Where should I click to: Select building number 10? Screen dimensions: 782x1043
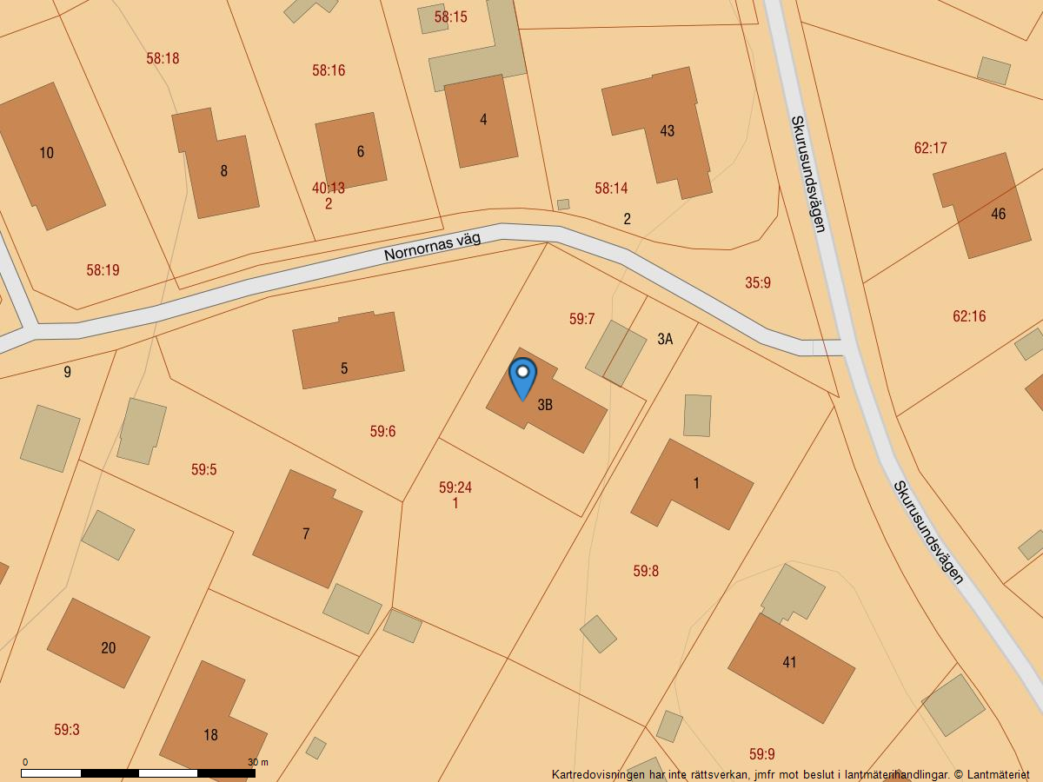tap(50, 156)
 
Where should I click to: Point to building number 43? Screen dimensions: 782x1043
tap(661, 130)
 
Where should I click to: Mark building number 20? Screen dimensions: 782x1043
tap(98, 643)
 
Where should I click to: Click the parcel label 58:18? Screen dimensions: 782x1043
tap(163, 58)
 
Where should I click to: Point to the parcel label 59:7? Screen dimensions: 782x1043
tap(581, 319)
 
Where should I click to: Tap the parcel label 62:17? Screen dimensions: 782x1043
tap(930, 148)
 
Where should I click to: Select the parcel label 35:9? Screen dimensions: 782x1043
tap(758, 282)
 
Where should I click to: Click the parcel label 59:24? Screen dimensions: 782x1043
tap(455, 487)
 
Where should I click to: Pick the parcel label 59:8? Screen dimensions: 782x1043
tap(646, 571)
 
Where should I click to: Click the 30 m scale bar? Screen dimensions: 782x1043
tap(138, 772)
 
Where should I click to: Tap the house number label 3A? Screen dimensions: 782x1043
tap(665, 339)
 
